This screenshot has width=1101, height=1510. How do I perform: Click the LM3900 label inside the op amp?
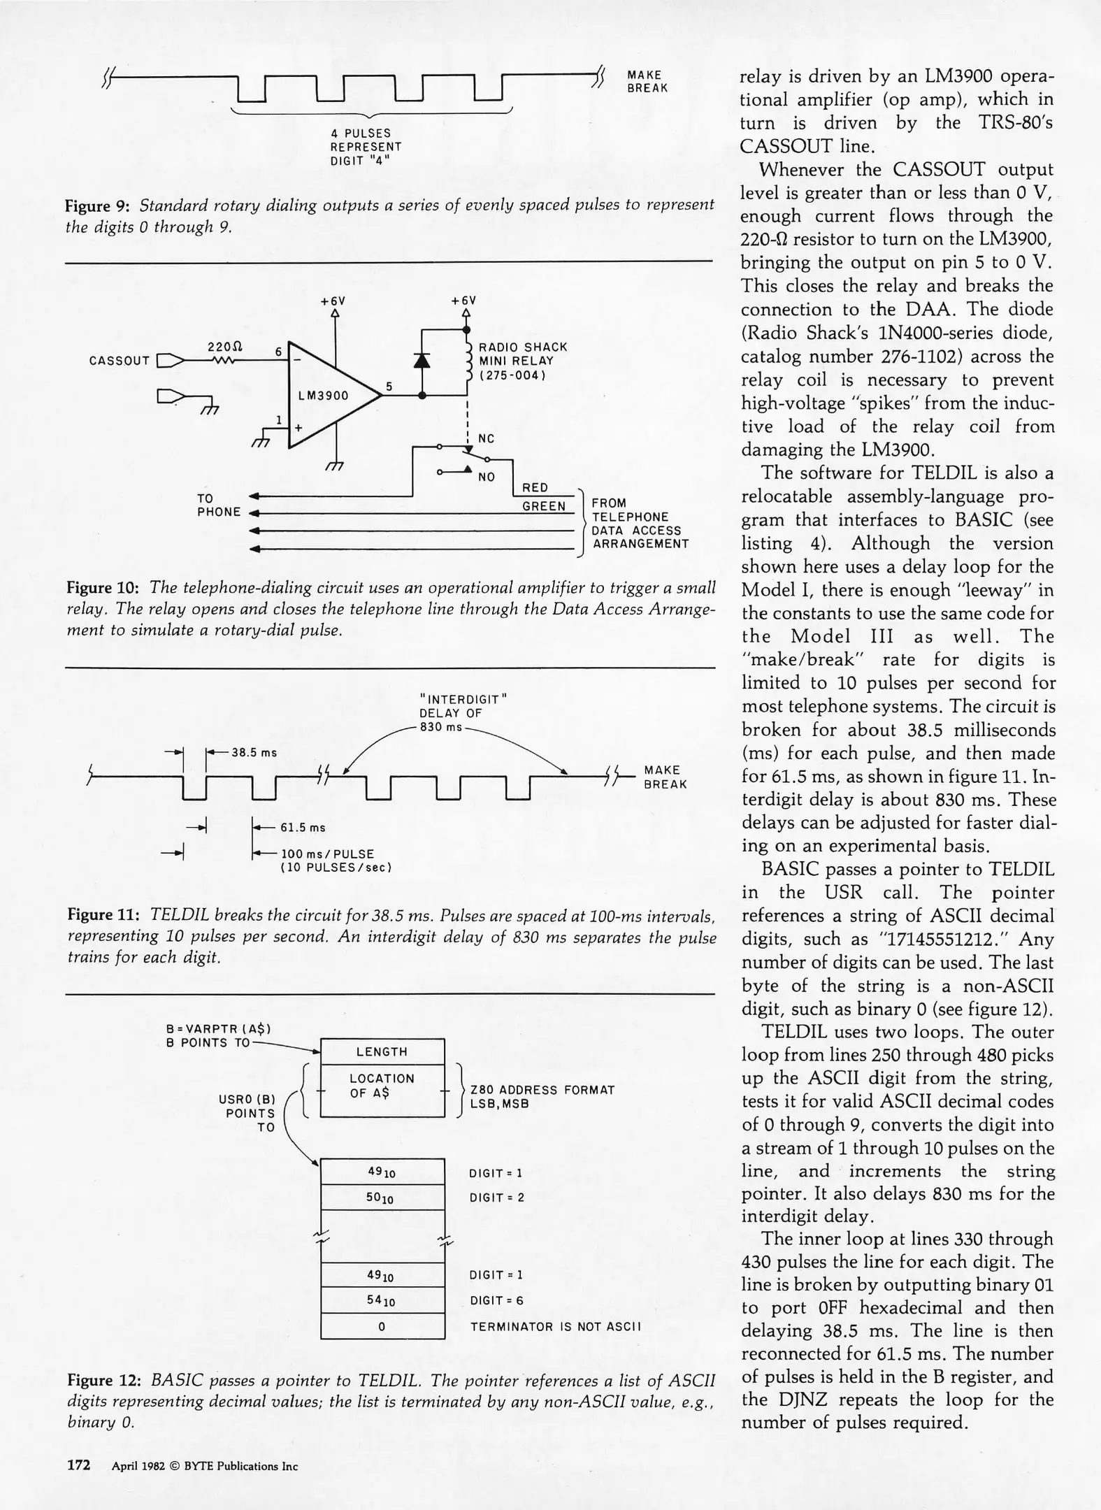pos(323,396)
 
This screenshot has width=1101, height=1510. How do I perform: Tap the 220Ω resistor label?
pos(224,347)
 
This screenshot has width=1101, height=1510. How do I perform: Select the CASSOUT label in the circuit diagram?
pos(119,361)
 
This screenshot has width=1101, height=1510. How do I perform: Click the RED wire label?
pos(535,487)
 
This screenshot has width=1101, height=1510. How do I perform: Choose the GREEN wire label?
pos(543,506)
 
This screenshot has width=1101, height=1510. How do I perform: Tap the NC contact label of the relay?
pos(486,439)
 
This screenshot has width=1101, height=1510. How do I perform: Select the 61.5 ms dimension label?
pos(303,828)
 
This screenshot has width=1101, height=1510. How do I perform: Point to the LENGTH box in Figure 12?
pos(382,1051)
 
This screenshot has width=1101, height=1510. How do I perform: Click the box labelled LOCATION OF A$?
pos(382,1086)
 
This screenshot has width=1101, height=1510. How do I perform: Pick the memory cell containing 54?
pos(382,1301)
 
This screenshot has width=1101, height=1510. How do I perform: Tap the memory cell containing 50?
pos(382,1198)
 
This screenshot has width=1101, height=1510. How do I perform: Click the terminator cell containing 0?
pos(382,1327)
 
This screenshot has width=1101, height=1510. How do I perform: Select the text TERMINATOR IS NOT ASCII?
pos(555,1327)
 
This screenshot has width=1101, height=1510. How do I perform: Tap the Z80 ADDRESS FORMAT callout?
pos(542,1091)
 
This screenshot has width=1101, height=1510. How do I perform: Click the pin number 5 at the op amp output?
pos(389,386)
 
